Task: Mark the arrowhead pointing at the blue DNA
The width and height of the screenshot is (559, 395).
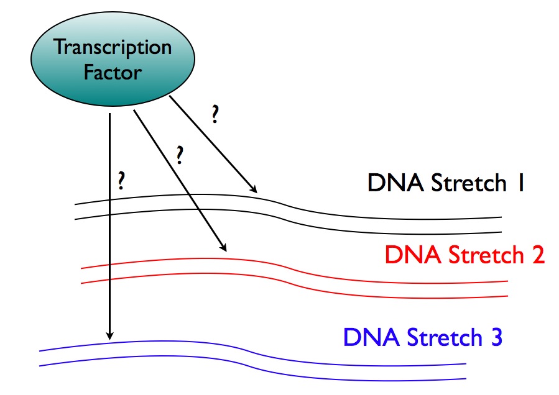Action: [x=109, y=335]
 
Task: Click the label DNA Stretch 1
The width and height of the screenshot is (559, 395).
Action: [x=445, y=184]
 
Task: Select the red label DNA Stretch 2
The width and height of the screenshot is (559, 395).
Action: [x=464, y=255]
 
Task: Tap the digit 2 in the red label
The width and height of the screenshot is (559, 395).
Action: [x=536, y=255]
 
